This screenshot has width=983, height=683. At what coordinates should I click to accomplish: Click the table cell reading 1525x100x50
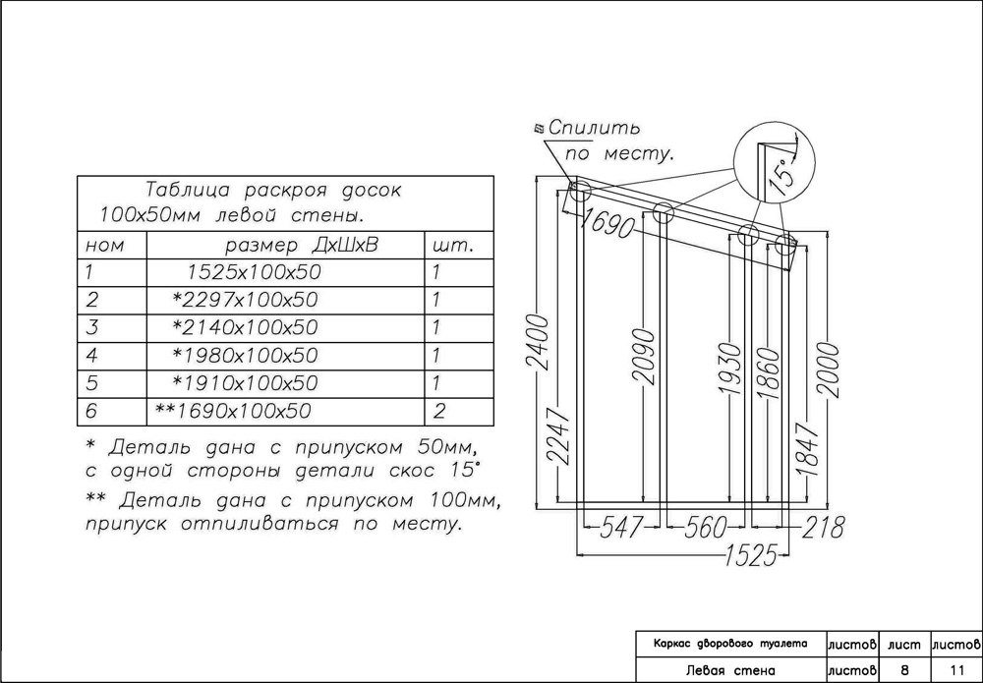point(254,272)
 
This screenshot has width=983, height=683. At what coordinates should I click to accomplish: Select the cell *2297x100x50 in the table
point(245,300)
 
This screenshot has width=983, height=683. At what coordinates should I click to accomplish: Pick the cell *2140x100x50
point(245,327)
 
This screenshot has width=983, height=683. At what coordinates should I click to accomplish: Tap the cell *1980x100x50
point(245,355)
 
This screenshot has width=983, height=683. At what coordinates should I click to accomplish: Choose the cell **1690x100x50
point(233,411)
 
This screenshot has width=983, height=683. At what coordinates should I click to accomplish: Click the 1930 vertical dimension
point(728,369)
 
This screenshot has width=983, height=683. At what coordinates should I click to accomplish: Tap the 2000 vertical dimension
point(829,369)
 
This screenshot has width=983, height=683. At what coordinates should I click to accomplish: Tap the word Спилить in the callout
point(595,129)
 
